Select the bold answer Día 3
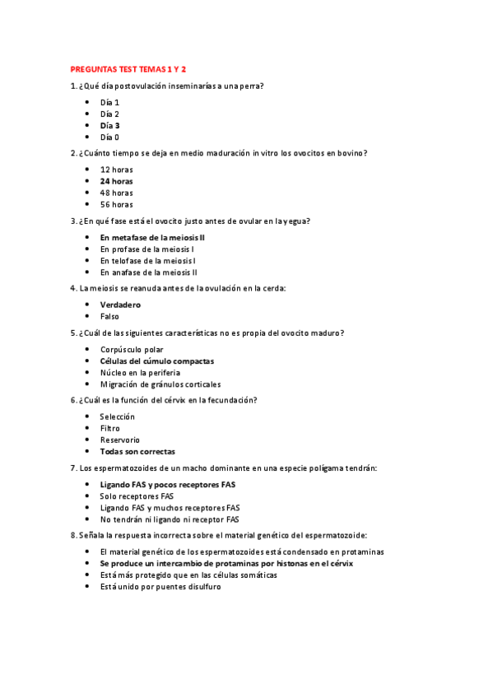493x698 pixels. click(110, 125)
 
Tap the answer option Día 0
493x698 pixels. click(110, 137)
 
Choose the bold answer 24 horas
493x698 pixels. click(116, 180)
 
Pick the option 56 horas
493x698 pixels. click(116, 204)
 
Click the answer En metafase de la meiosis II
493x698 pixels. click(152, 236)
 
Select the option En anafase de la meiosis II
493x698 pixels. click(149, 272)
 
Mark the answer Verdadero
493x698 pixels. click(121, 305)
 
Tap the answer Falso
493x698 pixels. click(109, 316)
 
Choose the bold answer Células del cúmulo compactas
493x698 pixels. click(157, 361)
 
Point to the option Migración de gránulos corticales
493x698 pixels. click(160, 384)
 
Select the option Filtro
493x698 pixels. click(109, 428)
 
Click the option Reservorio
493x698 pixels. click(120, 440)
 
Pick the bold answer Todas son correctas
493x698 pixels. click(137, 451)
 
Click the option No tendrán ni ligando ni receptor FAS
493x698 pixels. click(170, 519)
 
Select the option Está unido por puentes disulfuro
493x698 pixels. click(160, 587)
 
